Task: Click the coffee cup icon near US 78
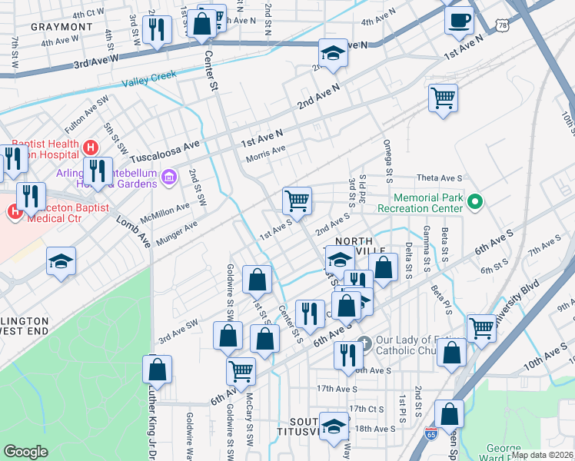[459, 21]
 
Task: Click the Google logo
[25, 452]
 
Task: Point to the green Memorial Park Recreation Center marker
[475, 203]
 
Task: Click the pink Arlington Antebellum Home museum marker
[170, 178]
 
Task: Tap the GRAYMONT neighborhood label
[61, 27]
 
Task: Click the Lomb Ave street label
[133, 231]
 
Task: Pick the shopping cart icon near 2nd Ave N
[443, 98]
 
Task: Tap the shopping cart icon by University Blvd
[481, 327]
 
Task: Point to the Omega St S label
[388, 161]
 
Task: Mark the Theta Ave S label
[440, 177]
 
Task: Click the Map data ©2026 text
[543, 455]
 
